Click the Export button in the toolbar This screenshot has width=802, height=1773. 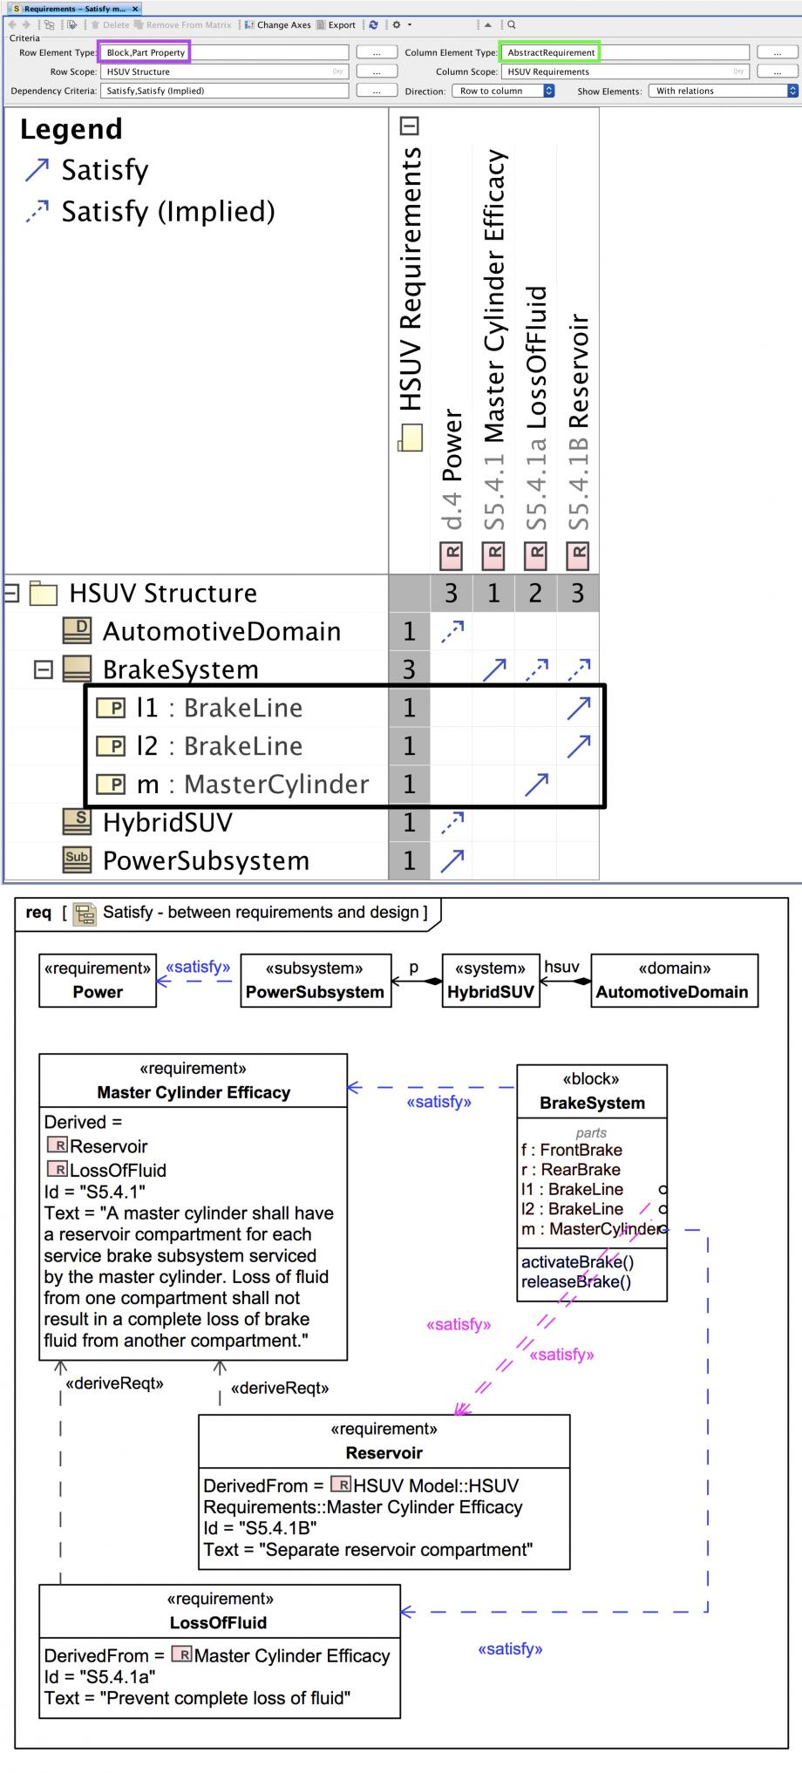click(336, 25)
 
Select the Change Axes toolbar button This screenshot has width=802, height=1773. click(277, 25)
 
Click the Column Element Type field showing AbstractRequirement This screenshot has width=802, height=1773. click(551, 52)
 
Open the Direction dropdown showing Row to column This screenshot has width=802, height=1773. click(503, 91)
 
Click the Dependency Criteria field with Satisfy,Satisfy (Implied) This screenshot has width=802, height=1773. click(224, 91)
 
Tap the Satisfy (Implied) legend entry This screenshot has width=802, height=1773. click(167, 212)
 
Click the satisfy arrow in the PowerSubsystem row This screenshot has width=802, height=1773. click(452, 860)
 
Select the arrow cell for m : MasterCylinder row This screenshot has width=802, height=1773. click(536, 784)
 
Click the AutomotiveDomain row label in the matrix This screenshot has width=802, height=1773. click(221, 631)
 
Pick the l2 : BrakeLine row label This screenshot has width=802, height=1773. click(219, 746)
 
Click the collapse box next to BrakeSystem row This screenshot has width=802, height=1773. click(43, 669)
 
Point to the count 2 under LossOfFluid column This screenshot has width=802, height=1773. click(535, 594)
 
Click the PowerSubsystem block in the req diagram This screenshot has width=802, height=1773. click(315, 981)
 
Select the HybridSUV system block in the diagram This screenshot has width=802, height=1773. click(490, 981)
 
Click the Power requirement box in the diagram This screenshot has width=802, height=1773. click(98, 981)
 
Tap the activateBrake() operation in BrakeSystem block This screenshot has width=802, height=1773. click(577, 1261)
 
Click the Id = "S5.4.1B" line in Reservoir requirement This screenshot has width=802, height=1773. click(260, 1528)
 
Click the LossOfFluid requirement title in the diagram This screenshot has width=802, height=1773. click(219, 1622)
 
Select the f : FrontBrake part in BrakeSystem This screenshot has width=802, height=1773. click(571, 1150)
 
